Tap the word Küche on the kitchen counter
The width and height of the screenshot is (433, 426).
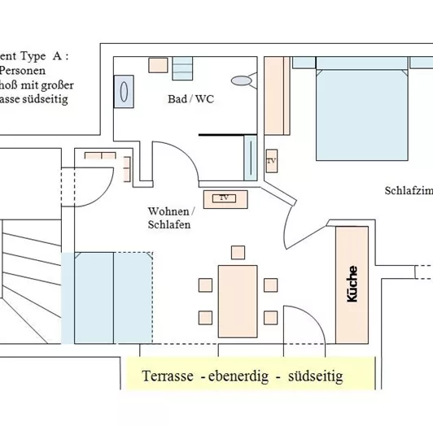(352, 285)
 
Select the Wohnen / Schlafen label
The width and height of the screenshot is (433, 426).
(169, 217)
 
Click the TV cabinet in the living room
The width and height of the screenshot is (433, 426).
(221, 198)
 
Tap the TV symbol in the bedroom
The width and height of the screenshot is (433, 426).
(271, 162)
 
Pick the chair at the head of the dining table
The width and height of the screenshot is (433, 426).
(238, 251)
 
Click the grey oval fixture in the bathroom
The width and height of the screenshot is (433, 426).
(243, 80)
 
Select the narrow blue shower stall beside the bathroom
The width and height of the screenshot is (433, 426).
(250, 158)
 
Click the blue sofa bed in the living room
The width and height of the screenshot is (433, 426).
(113, 297)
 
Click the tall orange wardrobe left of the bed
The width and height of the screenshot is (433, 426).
(277, 95)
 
